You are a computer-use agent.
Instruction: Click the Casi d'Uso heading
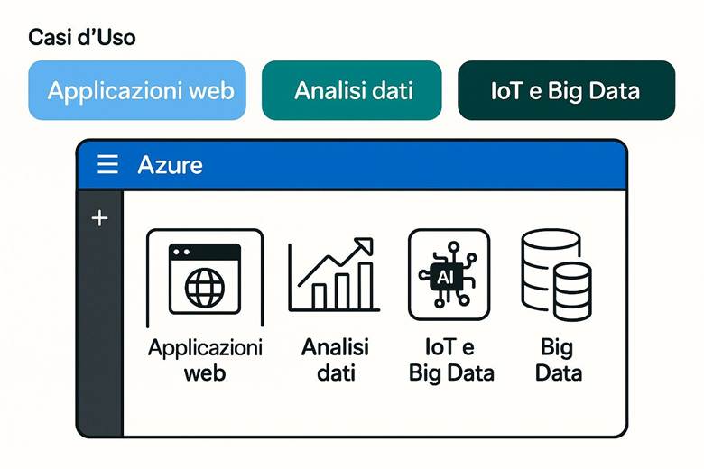coord(82,38)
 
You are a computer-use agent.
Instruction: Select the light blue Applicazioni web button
coord(137,90)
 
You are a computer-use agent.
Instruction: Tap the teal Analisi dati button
coord(352,90)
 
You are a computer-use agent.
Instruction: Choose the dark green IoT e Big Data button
coord(566,90)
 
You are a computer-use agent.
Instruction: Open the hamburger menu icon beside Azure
coord(107,164)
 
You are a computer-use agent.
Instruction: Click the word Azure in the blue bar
coord(170,165)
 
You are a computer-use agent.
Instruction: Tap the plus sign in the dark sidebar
coord(99,218)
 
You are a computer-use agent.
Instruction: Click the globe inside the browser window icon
coord(205,288)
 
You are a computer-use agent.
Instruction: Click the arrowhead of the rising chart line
coord(365,246)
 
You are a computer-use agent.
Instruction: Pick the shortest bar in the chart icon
coord(319,297)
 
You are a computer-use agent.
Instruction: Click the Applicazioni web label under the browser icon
coord(205,359)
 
